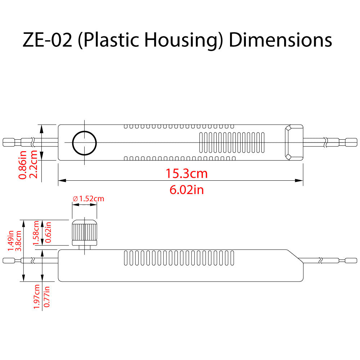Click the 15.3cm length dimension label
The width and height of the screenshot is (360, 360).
tap(186, 174)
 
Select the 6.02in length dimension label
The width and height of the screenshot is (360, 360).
tap(186, 189)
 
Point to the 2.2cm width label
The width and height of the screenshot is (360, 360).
tap(33, 165)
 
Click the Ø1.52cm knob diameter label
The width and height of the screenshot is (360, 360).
tap(88, 199)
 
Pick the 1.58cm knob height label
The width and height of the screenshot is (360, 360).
tap(36, 233)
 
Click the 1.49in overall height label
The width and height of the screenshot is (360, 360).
tap(10, 240)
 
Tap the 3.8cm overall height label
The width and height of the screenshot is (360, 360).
tap(18, 240)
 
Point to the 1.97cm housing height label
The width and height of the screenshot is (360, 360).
tap(36, 296)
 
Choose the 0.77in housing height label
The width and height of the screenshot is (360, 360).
tap(46, 296)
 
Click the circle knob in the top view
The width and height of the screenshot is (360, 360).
tap(85, 143)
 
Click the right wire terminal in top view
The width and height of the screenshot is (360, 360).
tap(350, 142)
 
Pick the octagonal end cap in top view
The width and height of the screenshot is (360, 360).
tap(293, 142)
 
